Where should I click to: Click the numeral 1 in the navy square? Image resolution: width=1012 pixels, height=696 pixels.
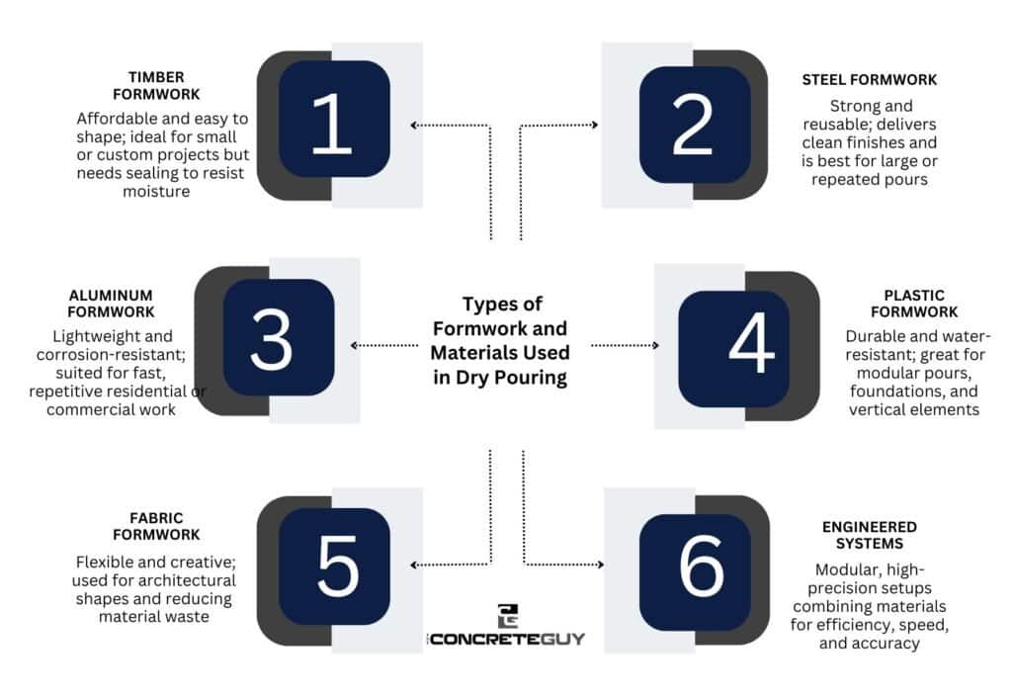coord(332,123)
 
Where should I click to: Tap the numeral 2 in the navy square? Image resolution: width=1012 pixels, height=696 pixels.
coord(693,125)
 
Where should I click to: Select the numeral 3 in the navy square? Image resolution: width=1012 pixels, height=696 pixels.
coord(271,339)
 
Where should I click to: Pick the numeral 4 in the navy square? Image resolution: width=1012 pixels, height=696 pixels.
coord(751,343)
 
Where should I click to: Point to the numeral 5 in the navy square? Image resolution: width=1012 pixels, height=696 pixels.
coord(338,565)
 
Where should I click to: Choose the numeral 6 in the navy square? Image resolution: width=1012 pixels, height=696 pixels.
coord(701,565)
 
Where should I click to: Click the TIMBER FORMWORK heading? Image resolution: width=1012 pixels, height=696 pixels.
coord(156,86)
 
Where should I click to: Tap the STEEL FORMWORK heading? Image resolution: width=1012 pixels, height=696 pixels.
coord(870,80)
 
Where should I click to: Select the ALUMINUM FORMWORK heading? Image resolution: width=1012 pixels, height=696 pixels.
coord(111,304)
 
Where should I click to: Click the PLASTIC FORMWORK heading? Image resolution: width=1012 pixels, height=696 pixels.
coord(914,304)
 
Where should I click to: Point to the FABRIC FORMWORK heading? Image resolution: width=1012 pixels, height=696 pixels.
coord(156,526)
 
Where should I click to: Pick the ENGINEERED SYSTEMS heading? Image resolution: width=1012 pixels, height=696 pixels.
coord(870,535)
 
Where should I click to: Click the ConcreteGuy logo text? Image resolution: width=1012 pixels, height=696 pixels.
coord(507,639)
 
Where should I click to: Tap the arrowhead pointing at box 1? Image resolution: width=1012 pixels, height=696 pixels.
coord(414,125)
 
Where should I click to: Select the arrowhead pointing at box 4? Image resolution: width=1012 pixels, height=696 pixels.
coord(656,345)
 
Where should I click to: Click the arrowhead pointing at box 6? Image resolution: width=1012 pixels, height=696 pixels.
coord(600,565)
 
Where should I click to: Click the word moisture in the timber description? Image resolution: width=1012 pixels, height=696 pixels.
coord(156,192)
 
